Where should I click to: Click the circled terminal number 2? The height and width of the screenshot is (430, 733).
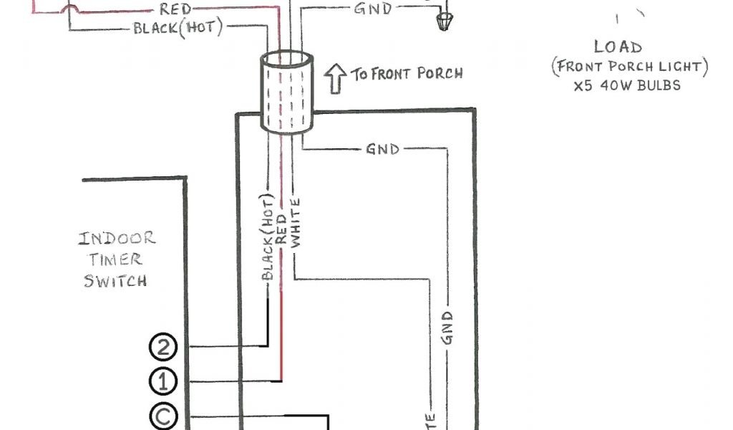point(162,347)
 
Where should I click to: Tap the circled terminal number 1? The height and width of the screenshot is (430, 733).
point(162,381)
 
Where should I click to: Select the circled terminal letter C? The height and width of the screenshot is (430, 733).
point(162,416)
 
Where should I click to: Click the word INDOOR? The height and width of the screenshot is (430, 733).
point(117,239)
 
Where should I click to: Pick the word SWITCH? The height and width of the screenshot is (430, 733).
point(115,280)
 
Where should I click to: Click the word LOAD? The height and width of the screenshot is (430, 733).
point(617,47)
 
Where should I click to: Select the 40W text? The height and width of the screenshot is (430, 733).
point(619,85)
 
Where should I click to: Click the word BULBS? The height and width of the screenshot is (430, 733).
point(657,85)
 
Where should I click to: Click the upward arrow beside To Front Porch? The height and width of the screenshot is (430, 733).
point(334,78)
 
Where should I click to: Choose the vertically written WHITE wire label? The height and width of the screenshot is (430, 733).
point(296,222)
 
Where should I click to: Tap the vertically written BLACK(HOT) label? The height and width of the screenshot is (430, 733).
point(268,237)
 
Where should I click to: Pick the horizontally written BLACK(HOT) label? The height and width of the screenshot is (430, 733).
point(178,29)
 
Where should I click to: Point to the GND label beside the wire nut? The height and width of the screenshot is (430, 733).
point(373,9)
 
